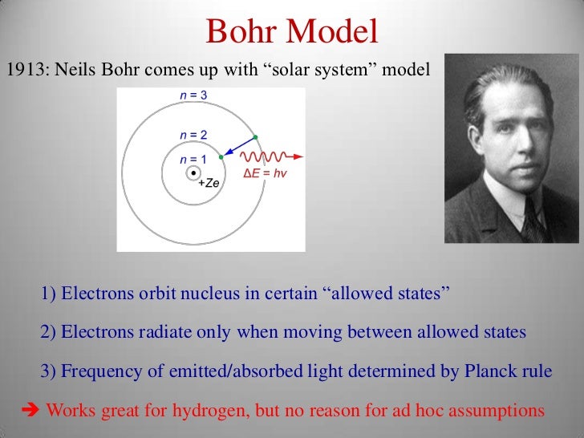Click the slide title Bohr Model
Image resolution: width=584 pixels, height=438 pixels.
coord(291,31)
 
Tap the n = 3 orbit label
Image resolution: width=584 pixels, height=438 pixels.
coord(192,95)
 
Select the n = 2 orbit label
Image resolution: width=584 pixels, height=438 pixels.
coord(192,133)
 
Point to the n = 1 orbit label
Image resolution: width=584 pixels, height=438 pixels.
coord(192,160)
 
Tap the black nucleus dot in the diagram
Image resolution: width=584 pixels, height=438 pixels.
coord(193,172)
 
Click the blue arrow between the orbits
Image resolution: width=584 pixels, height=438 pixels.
coord(238,146)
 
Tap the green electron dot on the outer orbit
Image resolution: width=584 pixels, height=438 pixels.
coord(255,136)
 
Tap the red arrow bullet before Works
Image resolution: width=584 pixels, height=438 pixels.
coord(28,410)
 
